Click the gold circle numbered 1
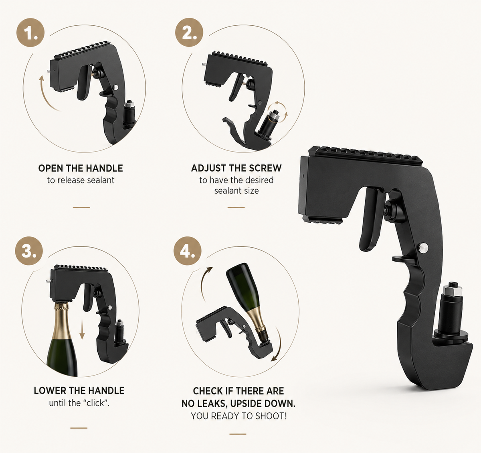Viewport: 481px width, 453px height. [30, 33]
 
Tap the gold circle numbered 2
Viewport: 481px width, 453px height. [189, 32]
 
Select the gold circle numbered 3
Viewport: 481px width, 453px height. [29, 251]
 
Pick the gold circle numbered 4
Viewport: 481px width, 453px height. [188, 251]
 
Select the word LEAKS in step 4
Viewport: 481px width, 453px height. [212, 404]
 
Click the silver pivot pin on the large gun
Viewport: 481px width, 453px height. [422, 248]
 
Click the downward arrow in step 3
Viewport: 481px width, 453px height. [82, 330]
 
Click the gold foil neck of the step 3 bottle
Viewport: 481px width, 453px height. [61, 323]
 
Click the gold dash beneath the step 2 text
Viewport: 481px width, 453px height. [236, 207]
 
